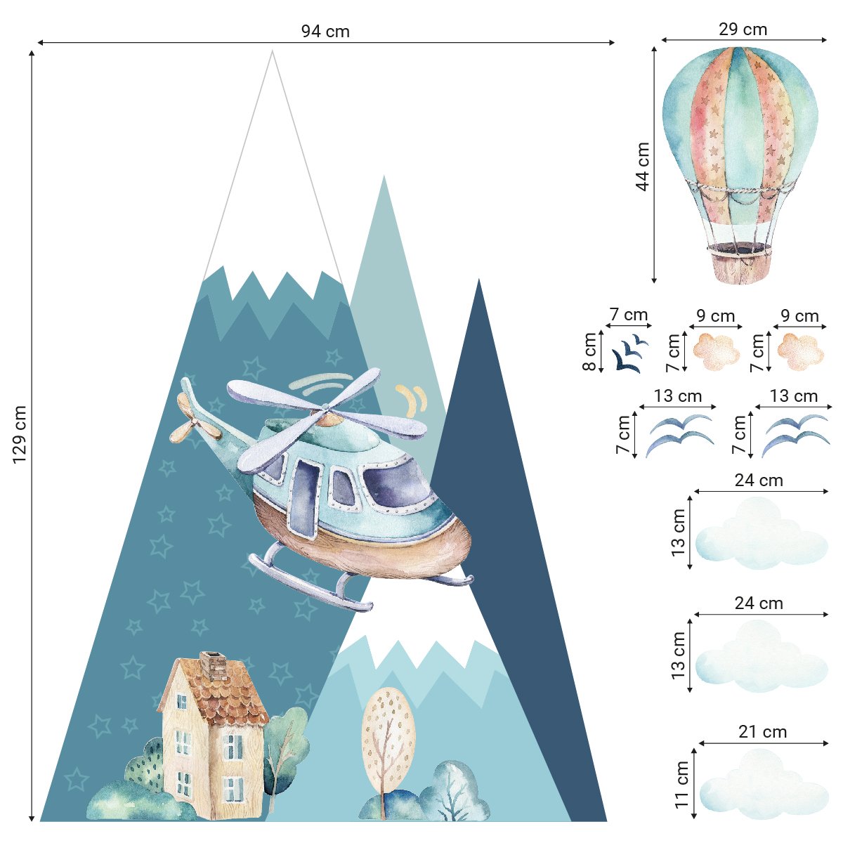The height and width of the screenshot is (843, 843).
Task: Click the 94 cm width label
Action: pyautogui.click(x=325, y=31)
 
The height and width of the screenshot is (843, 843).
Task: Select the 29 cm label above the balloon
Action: pyautogui.click(x=743, y=30)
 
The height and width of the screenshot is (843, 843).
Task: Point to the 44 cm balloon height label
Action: pyautogui.click(x=642, y=166)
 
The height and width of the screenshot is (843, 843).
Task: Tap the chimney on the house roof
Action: pyautogui.click(x=214, y=665)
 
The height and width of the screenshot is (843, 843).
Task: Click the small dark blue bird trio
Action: pyautogui.click(x=629, y=353)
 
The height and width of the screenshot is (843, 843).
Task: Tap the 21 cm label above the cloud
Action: pyautogui.click(x=763, y=732)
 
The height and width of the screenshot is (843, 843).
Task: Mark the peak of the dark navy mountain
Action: pyautogui.click(x=479, y=280)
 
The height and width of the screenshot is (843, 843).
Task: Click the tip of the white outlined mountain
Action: pyautogui.click(x=273, y=52)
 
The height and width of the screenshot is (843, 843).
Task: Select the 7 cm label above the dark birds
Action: pyautogui.click(x=628, y=315)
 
